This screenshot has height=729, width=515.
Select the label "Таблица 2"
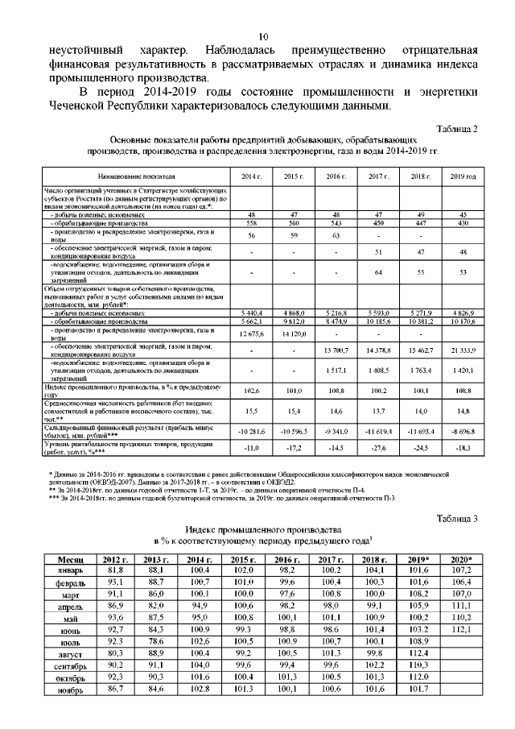[x=457, y=129]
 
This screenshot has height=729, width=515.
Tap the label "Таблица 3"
[x=457, y=517]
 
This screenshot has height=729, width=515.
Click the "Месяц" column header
[x=72, y=559]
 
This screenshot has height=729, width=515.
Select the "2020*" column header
[x=461, y=559]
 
